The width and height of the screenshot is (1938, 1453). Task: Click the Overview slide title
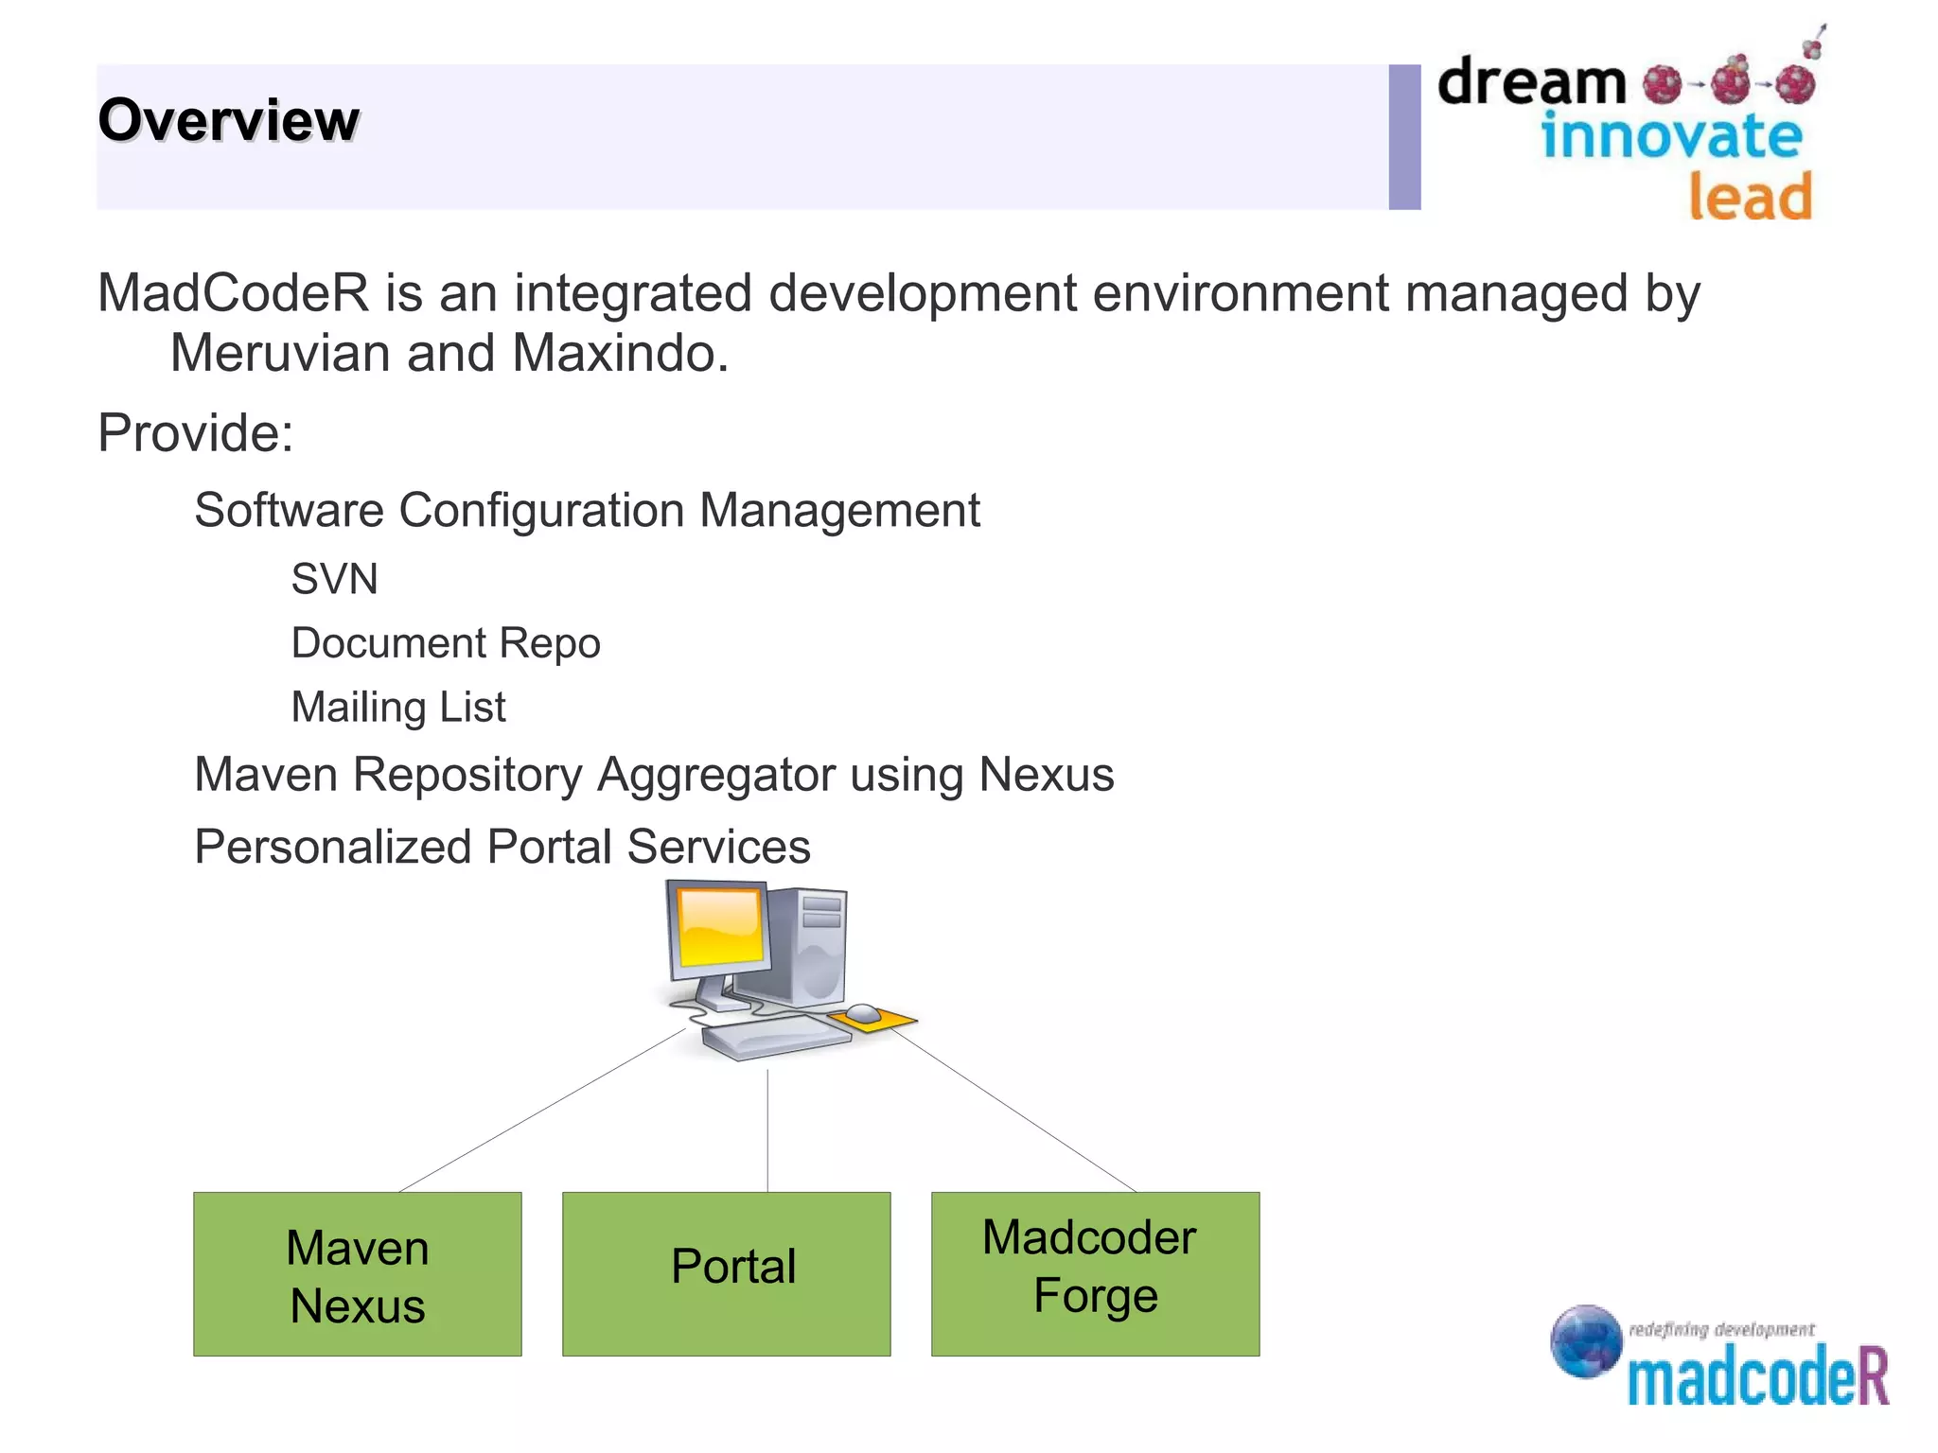pos(228,120)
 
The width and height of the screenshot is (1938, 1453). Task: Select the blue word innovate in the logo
pos(1671,136)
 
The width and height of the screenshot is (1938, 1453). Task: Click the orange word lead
pos(1751,197)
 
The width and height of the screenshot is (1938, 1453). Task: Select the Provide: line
pos(196,433)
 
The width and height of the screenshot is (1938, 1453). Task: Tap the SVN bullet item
pos(334,579)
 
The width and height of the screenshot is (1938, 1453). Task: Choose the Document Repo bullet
pos(446,643)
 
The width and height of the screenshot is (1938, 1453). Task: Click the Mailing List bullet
pos(398,708)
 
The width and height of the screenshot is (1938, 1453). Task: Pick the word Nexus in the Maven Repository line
pos(1047,775)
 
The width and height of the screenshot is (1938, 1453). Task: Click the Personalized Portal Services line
pos(502,847)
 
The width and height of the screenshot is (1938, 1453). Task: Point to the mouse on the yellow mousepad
pos(863,1014)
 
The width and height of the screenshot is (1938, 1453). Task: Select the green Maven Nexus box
pos(358,1274)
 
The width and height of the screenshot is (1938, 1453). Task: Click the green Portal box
pos(727,1274)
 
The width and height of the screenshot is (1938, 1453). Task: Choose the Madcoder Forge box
pos(1095,1274)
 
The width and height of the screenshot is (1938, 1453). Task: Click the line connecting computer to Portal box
pos(767,1130)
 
